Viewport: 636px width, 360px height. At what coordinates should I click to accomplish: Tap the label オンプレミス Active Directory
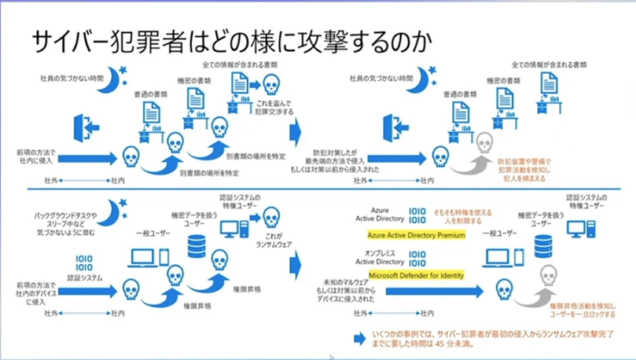coord(386,257)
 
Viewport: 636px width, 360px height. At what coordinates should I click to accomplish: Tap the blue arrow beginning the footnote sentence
coord(359,336)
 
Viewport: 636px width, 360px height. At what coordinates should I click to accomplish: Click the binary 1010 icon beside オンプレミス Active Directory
coord(417,256)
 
